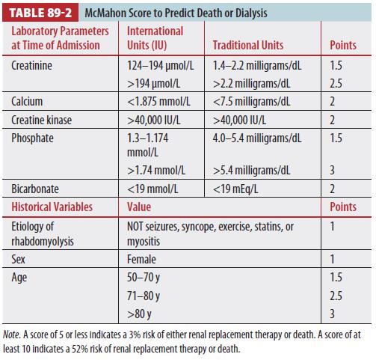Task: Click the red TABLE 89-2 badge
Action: tap(40, 13)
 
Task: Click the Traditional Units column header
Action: tap(248, 45)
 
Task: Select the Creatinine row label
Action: tap(31, 66)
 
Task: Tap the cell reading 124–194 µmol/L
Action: tap(161, 66)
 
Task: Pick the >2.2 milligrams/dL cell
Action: tap(251, 84)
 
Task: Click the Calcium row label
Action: tap(27, 102)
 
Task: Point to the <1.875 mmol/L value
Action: tap(158, 102)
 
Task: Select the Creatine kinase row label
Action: tap(41, 120)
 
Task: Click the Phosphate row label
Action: tap(32, 138)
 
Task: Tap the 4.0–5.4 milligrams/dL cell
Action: tap(257, 138)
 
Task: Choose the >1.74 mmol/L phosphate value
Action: tap(156, 171)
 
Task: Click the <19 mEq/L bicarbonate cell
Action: tap(235, 189)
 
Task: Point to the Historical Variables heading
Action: tap(52, 207)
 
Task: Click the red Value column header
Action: tap(139, 207)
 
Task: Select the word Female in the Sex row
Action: tap(141, 259)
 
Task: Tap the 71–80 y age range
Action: tap(144, 296)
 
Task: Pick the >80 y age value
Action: tap(139, 314)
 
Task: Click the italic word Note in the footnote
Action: tap(11, 335)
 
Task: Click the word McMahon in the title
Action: tap(105, 13)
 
